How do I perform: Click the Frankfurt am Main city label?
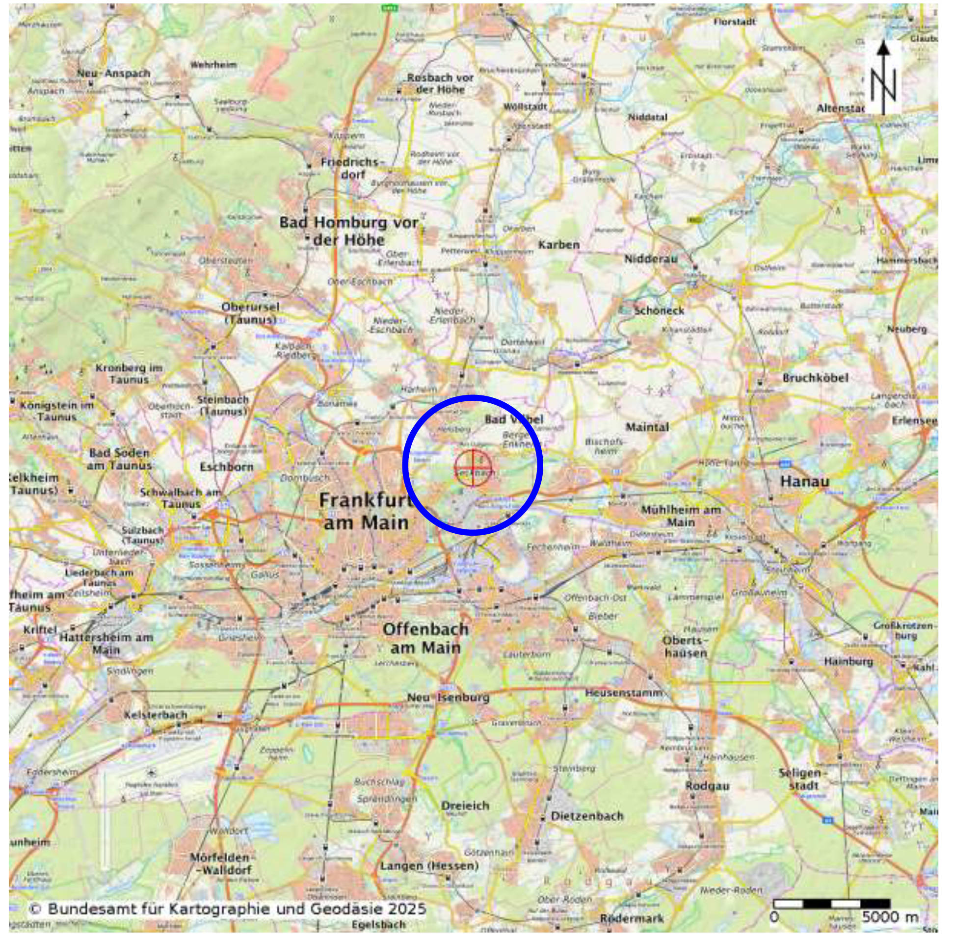(365, 511)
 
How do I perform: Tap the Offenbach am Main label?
(425, 638)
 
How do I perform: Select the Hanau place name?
(804, 481)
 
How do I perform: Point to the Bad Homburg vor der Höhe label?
(348, 231)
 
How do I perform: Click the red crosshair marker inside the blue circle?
(473, 468)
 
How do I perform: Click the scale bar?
(831, 903)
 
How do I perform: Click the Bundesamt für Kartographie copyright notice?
(227, 909)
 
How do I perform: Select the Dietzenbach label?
(586, 816)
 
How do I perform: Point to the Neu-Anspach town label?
(113, 73)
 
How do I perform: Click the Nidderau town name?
(651, 259)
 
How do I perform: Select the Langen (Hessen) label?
(429, 865)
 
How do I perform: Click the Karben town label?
(558, 244)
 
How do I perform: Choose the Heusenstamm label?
(624, 693)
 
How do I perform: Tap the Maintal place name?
(647, 427)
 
